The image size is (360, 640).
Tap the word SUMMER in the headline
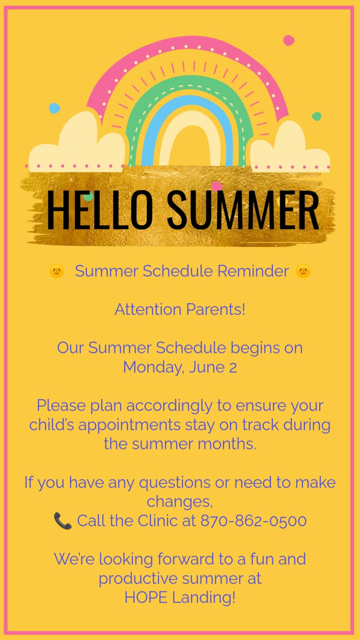243,209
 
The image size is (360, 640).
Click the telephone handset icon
62,521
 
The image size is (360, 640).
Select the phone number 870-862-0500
253,520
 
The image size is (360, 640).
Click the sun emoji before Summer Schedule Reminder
56,271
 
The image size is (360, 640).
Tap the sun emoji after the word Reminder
303,271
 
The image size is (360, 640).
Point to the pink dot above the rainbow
289,40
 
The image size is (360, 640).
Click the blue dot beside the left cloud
54,108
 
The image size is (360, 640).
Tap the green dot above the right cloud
316,116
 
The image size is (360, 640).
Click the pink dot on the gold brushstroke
217,186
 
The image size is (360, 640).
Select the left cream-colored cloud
77,143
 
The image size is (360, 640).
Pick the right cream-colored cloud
290,147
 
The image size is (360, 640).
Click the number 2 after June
233,367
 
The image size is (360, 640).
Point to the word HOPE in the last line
145,597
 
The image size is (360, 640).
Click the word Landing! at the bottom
204,597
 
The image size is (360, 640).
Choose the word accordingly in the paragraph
169,406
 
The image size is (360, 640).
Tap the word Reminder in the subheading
253,271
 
